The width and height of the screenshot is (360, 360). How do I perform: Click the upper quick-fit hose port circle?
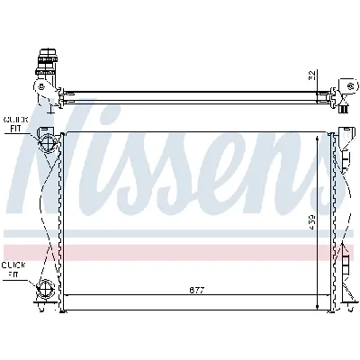45,144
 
